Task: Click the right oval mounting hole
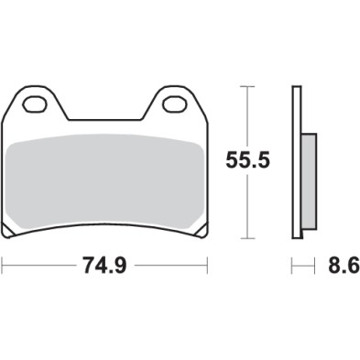[173, 104]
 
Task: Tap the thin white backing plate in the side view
[296, 165]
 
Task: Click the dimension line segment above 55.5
[245, 119]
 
